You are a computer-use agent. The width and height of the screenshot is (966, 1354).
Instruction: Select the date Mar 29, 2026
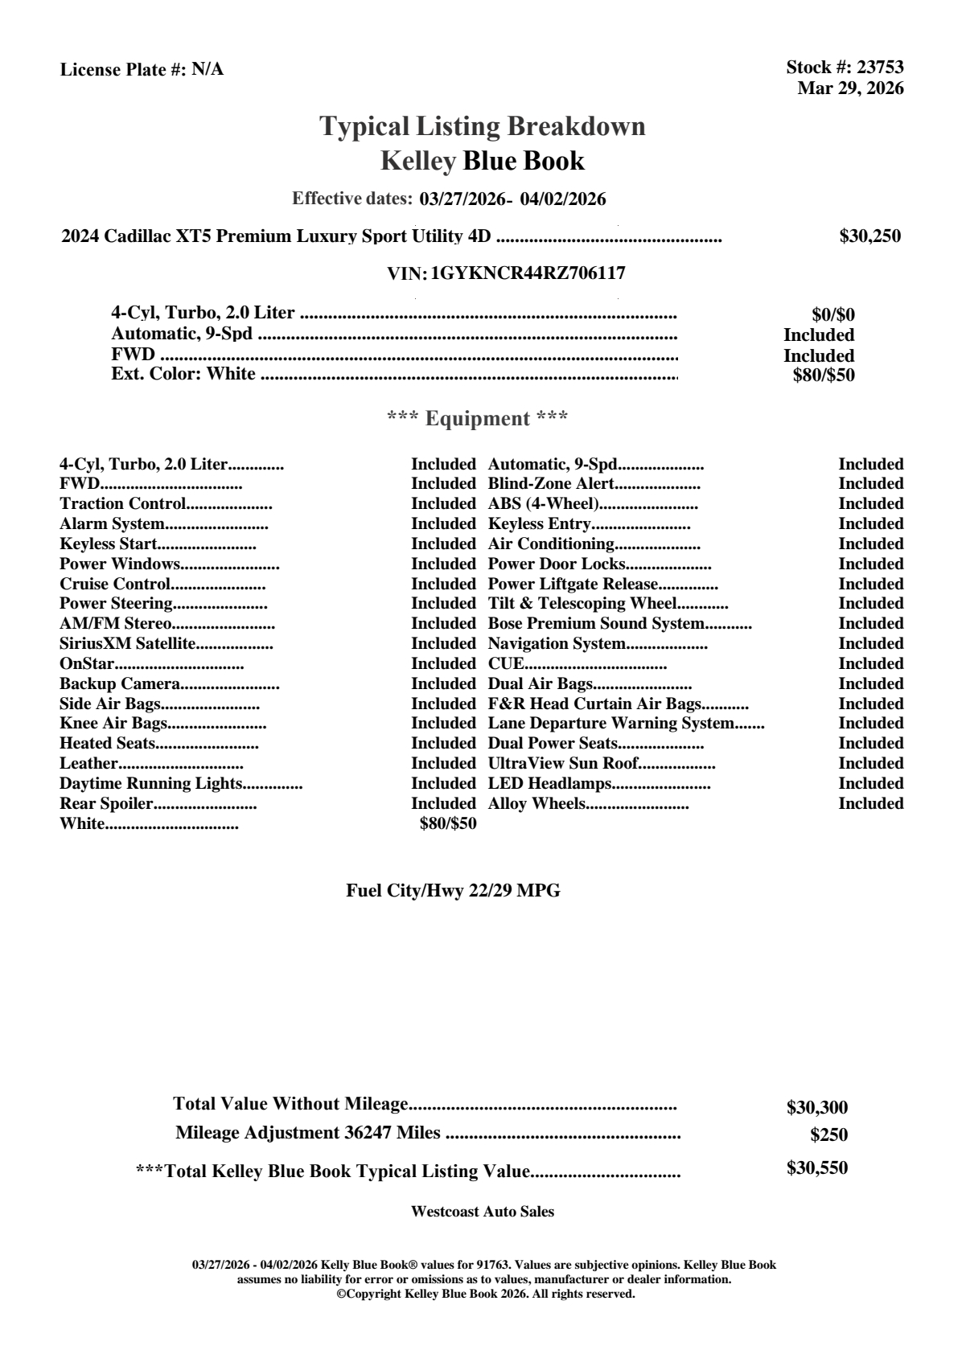(850, 88)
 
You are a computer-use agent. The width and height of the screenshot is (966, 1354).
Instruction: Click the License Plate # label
(123, 70)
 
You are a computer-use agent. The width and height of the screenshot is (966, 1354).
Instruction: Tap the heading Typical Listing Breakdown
(483, 126)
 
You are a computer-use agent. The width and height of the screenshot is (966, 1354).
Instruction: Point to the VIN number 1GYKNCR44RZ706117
(528, 273)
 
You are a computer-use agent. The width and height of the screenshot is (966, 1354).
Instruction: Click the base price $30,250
(869, 236)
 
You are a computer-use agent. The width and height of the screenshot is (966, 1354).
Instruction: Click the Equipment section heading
(478, 419)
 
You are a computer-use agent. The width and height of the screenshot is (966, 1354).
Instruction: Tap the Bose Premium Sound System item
(595, 624)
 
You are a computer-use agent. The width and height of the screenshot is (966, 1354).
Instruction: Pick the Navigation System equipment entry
(557, 644)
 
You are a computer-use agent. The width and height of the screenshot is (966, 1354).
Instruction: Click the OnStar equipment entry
(87, 664)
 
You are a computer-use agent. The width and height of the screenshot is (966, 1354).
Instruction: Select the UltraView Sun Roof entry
(563, 764)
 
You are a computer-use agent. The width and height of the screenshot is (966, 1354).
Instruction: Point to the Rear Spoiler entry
(106, 804)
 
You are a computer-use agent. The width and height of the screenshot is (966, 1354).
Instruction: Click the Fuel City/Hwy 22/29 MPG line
(453, 891)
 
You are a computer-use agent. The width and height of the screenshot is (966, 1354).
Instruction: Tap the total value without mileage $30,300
(816, 1108)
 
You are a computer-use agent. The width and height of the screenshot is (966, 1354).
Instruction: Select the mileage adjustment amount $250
(828, 1135)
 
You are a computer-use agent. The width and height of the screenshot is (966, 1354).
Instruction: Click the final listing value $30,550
(816, 1168)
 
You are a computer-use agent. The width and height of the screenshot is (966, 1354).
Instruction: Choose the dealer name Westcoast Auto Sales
(482, 1212)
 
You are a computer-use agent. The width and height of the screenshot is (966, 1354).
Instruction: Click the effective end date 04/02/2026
(563, 199)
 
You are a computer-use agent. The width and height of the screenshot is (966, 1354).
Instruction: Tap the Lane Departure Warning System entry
(611, 724)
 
